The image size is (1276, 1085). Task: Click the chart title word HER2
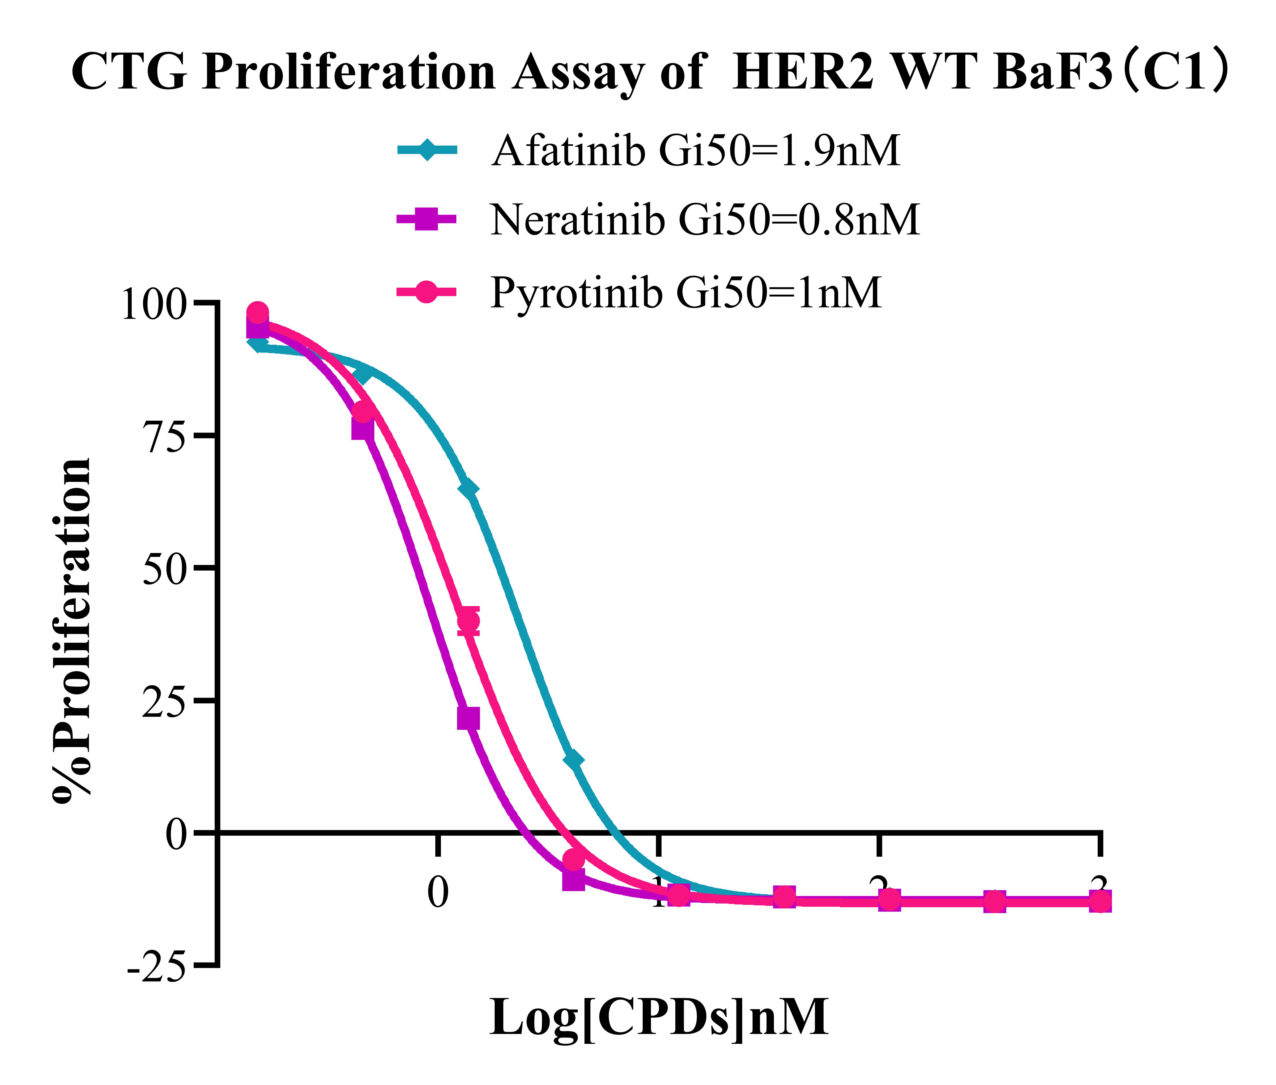pyautogui.click(x=803, y=72)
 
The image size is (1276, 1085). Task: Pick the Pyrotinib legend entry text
pyautogui.click(x=686, y=292)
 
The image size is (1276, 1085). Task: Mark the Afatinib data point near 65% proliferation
pyautogui.click(x=469, y=489)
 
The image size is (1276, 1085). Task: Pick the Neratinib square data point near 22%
pyautogui.click(x=469, y=718)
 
